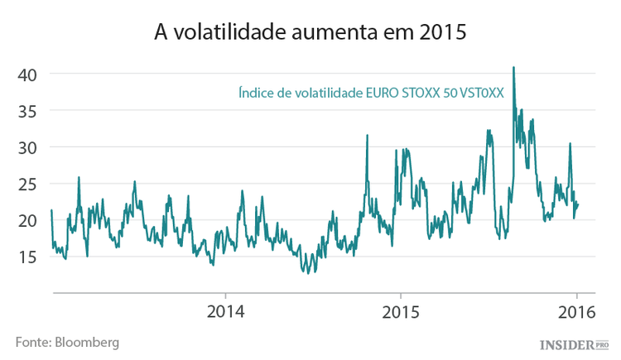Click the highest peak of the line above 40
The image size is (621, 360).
coord(514,68)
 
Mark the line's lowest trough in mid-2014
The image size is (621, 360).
coord(308,272)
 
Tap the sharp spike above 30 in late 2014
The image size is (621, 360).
coord(367,136)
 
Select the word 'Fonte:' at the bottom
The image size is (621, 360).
coord(32,341)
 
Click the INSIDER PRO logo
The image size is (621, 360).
coord(574,343)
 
